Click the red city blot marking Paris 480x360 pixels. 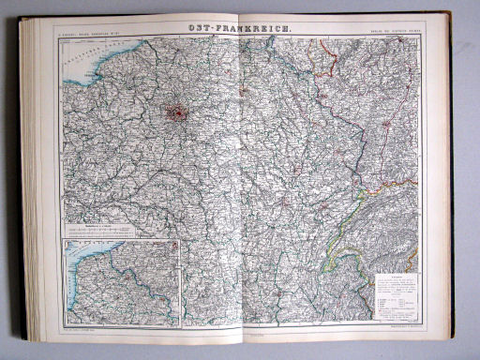pos(177,113)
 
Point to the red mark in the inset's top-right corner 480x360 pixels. pos(173,245)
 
